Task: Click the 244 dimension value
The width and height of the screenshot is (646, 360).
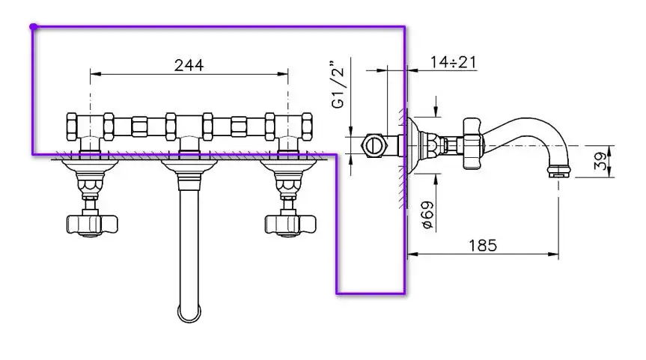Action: (x=189, y=65)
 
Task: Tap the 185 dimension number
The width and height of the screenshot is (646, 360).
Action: (x=483, y=246)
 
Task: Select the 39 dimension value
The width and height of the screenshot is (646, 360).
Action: (x=601, y=161)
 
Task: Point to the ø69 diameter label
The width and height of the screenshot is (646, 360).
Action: (x=428, y=214)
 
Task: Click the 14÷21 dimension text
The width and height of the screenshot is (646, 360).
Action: (x=453, y=62)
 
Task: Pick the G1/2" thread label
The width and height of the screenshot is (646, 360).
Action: (x=338, y=85)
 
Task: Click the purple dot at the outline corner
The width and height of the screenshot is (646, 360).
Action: (x=34, y=27)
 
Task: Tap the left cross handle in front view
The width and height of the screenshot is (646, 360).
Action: (x=91, y=224)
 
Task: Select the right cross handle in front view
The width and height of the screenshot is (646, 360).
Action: (x=290, y=224)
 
